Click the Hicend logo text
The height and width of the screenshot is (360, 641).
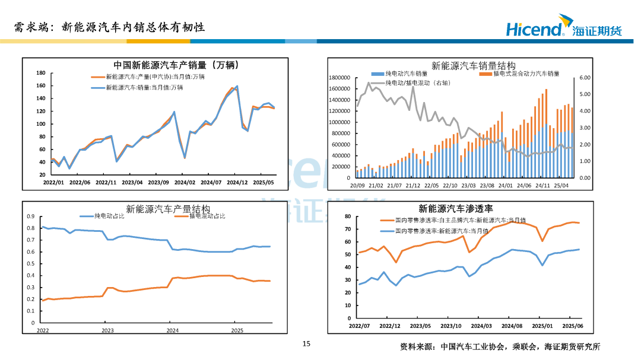(x=534, y=28)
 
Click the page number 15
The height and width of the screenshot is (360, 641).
(x=306, y=344)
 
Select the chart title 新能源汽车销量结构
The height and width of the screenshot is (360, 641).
(x=473, y=65)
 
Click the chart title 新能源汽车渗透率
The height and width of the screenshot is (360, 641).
(x=456, y=209)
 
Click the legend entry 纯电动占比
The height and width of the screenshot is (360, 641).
(x=110, y=216)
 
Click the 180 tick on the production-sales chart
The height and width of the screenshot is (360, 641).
(x=41, y=73)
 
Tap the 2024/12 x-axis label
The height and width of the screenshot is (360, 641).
(x=237, y=183)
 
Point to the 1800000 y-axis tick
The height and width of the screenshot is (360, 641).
(x=341, y=78)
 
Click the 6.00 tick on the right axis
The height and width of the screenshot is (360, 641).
(x=585, y=78)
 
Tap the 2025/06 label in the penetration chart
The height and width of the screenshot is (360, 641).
(x=573, y=326)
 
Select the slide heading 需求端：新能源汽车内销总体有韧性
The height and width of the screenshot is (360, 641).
(x=110, y=27)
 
